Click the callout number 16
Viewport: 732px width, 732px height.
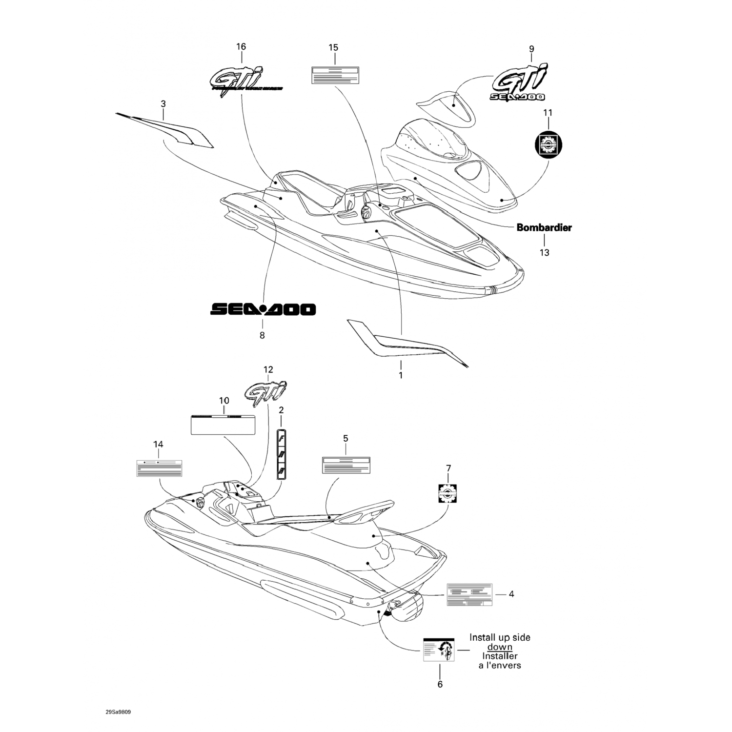pyautogui.click(x=241, y=47)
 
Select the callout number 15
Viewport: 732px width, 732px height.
pyautogui.click(x=333, y=48)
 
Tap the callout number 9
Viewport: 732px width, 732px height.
pyautogui.click(x=531, y=49)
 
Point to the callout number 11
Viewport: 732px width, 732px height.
pyautogui.click(x=548, y=113)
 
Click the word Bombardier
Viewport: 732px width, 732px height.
pyautogui.click(x=544, y=227)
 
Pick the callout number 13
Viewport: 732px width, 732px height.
pyautogui.click(x=544, y=252)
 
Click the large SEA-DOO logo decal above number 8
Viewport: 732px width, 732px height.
pyautogui.click(x=263, y=309)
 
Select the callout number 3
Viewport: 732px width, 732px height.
pyautogui.click(x=163, y=104)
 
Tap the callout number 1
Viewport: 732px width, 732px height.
pyautogui.click(x=401, y=375)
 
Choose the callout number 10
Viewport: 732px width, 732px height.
pyautogui.click(x=224, y=401)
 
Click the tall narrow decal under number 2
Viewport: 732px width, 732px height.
pyautogui.click(x=282, y=454)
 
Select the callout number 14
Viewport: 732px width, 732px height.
pyautogui.click(x=158, y=445)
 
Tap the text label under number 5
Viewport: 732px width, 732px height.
pyautogui.click(x=346, y=465)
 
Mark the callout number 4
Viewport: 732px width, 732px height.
pyautogui.click(x=511, y=594)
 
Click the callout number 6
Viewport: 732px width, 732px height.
pyautogui.click(x=440, y=685)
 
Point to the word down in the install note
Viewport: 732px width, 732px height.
pyautogui.click(x=500, y=647)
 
